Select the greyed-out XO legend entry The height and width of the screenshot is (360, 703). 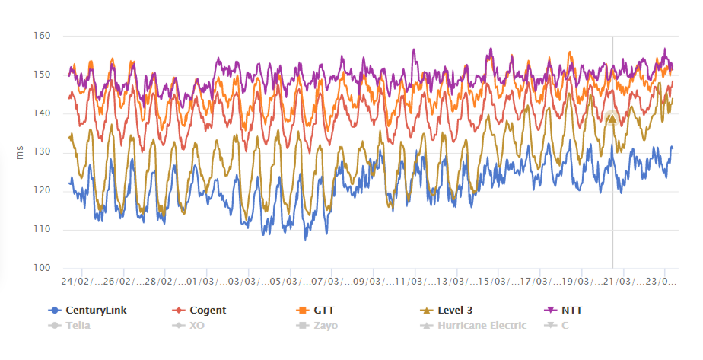click(196, 325)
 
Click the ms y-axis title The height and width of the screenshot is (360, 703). click(21, 152)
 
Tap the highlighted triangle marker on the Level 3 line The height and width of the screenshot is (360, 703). click(612, 117)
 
